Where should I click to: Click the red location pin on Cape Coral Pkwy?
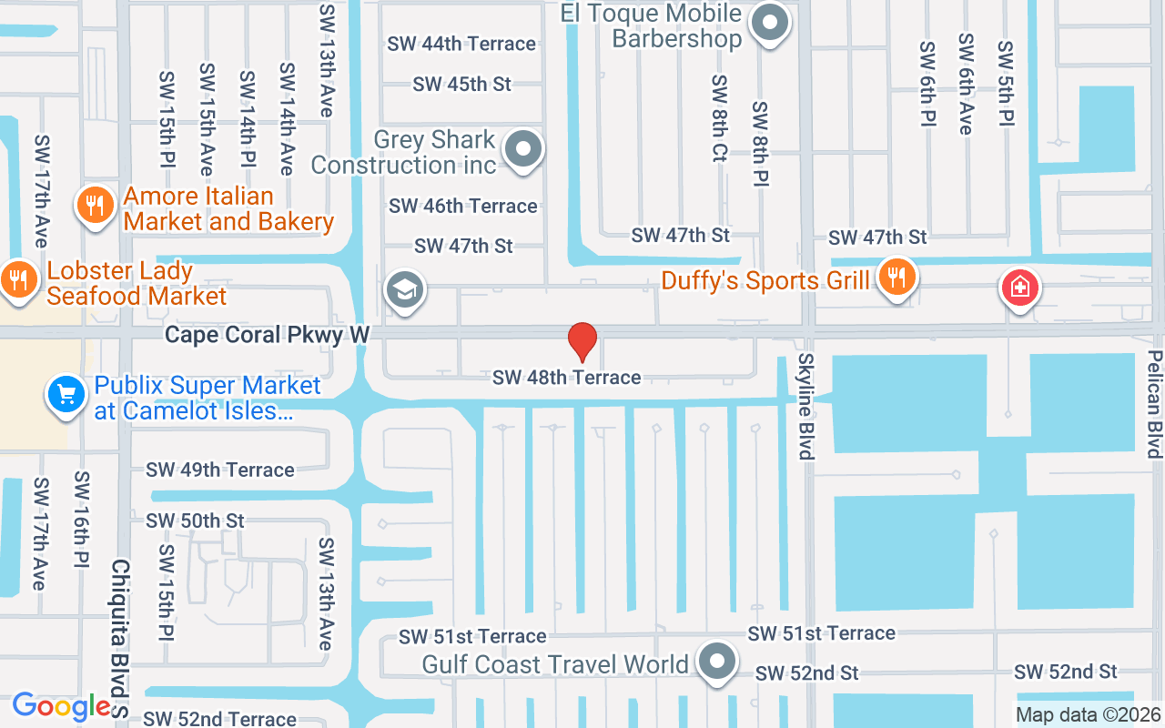tap(582, 342)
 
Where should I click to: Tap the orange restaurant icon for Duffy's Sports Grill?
tap(897, 278)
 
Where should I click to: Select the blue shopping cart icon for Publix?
tap(66, 396)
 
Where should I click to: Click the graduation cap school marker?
tap(404, 290)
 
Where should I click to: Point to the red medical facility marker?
tap(1020, 288)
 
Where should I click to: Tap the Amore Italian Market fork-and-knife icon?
tap(94, 204)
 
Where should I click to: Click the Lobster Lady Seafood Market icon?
tap(18, 278)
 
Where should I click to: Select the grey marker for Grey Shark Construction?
tap(524, 148)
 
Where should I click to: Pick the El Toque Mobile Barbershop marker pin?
tap(772, 23)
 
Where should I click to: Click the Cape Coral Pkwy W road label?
tap(267, 336)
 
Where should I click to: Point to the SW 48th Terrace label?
tap(566, 377)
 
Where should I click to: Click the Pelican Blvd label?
tap(1154, 403)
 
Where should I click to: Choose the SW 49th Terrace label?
tap(220, 470)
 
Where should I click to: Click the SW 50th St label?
tap(195, 521)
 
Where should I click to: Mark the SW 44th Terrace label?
tap(461, 44)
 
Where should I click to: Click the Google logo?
tap(62, 706)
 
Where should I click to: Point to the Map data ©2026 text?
tap(1088, 715)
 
